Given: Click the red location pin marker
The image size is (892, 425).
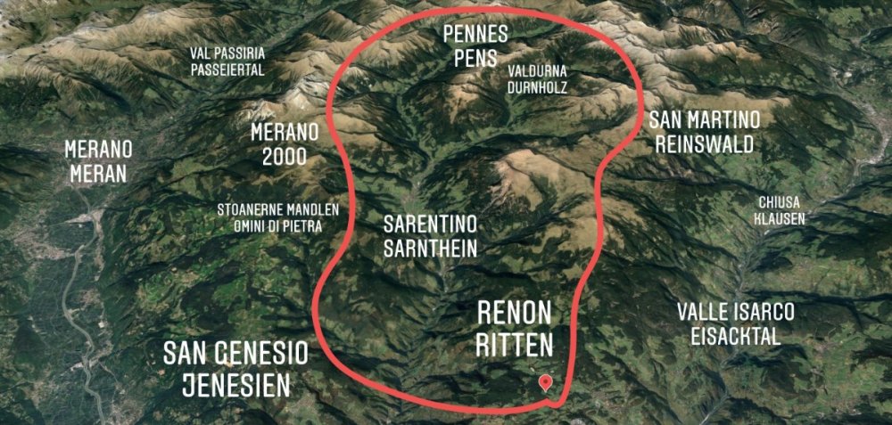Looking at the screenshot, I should (x=546, y=382).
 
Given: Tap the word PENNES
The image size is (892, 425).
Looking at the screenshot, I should (x=476, y=35).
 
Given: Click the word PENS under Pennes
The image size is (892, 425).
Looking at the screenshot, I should (x=476, y=57).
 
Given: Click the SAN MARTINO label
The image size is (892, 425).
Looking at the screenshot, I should (x=705, y=120).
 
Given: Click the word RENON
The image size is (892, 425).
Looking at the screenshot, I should (x=515, y=313).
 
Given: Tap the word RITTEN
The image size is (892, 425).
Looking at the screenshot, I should (x=515, y=344).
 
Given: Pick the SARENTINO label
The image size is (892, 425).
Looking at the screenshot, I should (x=430, y=223).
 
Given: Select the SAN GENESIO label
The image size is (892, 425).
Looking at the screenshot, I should (x=235, y=354).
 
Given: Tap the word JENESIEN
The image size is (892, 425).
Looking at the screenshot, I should (x=235, y=385).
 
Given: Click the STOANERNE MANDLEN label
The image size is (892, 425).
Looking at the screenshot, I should (x=278, y=210).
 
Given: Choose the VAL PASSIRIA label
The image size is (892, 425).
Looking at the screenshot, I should (x=227, y=53).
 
